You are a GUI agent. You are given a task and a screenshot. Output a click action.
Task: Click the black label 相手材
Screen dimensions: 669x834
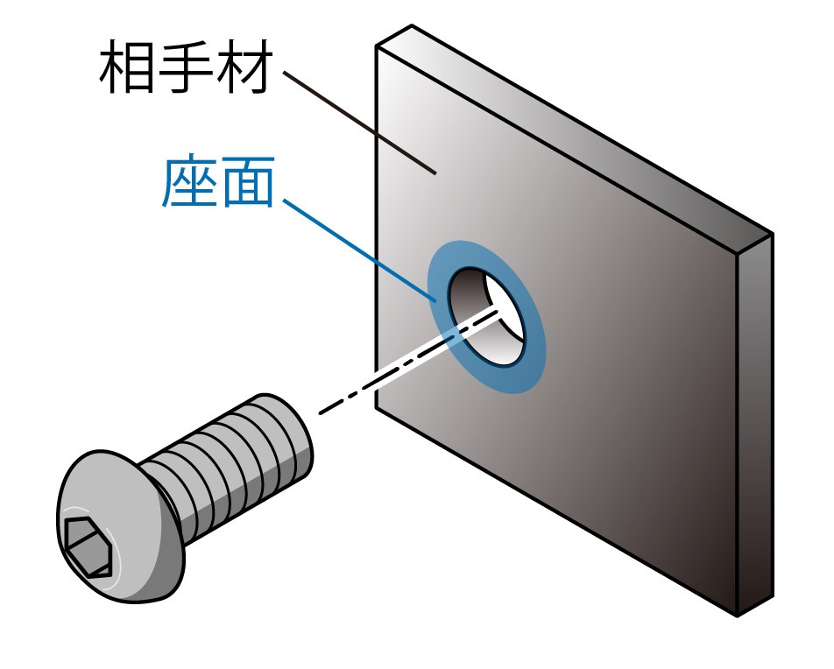tap(182, 69)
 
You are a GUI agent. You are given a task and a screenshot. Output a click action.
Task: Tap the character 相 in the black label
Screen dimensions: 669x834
tap(126, 69)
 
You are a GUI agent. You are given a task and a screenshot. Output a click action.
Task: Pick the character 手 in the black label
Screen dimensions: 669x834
tap(182, 69)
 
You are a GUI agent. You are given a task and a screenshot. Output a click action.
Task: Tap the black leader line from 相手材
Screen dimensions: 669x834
tap(359, 123)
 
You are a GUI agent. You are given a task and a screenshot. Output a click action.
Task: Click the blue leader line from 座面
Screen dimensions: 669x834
tap(359, 250)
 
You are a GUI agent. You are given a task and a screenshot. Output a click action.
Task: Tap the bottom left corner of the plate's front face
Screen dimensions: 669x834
tap(377, 409)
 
